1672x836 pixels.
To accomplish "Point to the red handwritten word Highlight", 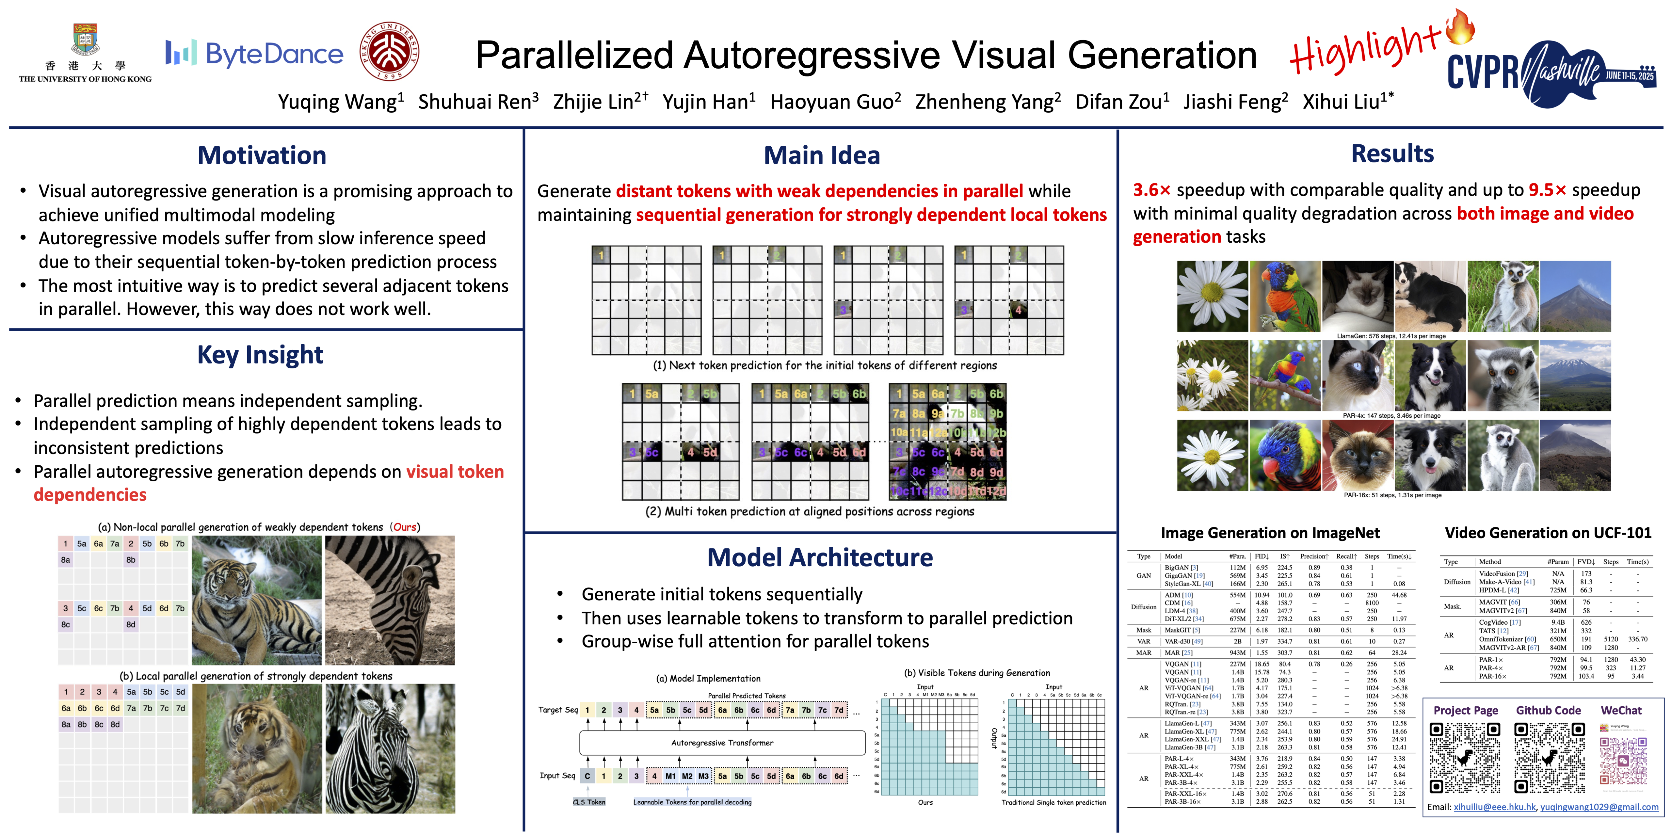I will [x=1363, y=49].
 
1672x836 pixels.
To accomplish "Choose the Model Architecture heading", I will [x=820, y=557].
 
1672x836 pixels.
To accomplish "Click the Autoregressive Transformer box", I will [x=722, y=743].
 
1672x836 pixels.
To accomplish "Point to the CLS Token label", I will [x=589, y=802].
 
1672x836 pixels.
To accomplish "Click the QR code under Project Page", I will [x=1465, y=758].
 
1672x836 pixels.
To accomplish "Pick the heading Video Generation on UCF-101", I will [x=1547, y=534].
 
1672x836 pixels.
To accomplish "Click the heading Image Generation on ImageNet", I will [x=1270, y=534].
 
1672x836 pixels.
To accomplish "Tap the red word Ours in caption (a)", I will [x=405, y=527].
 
